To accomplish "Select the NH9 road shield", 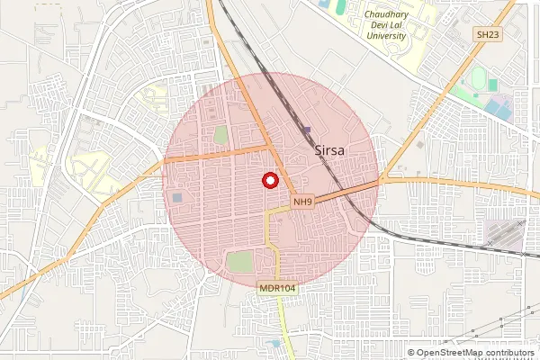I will (x=302, y=202).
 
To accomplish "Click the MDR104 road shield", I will (x=277, y=288).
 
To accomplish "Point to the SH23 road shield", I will (x=487, y=34).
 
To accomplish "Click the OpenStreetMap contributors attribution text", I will (x=474, y=353).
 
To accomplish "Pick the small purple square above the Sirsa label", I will (x=307, y=131).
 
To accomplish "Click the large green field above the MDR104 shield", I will (x=239, y=263).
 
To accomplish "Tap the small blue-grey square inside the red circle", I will (x=177, y=197).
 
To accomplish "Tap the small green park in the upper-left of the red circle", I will (x=220, y=134).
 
